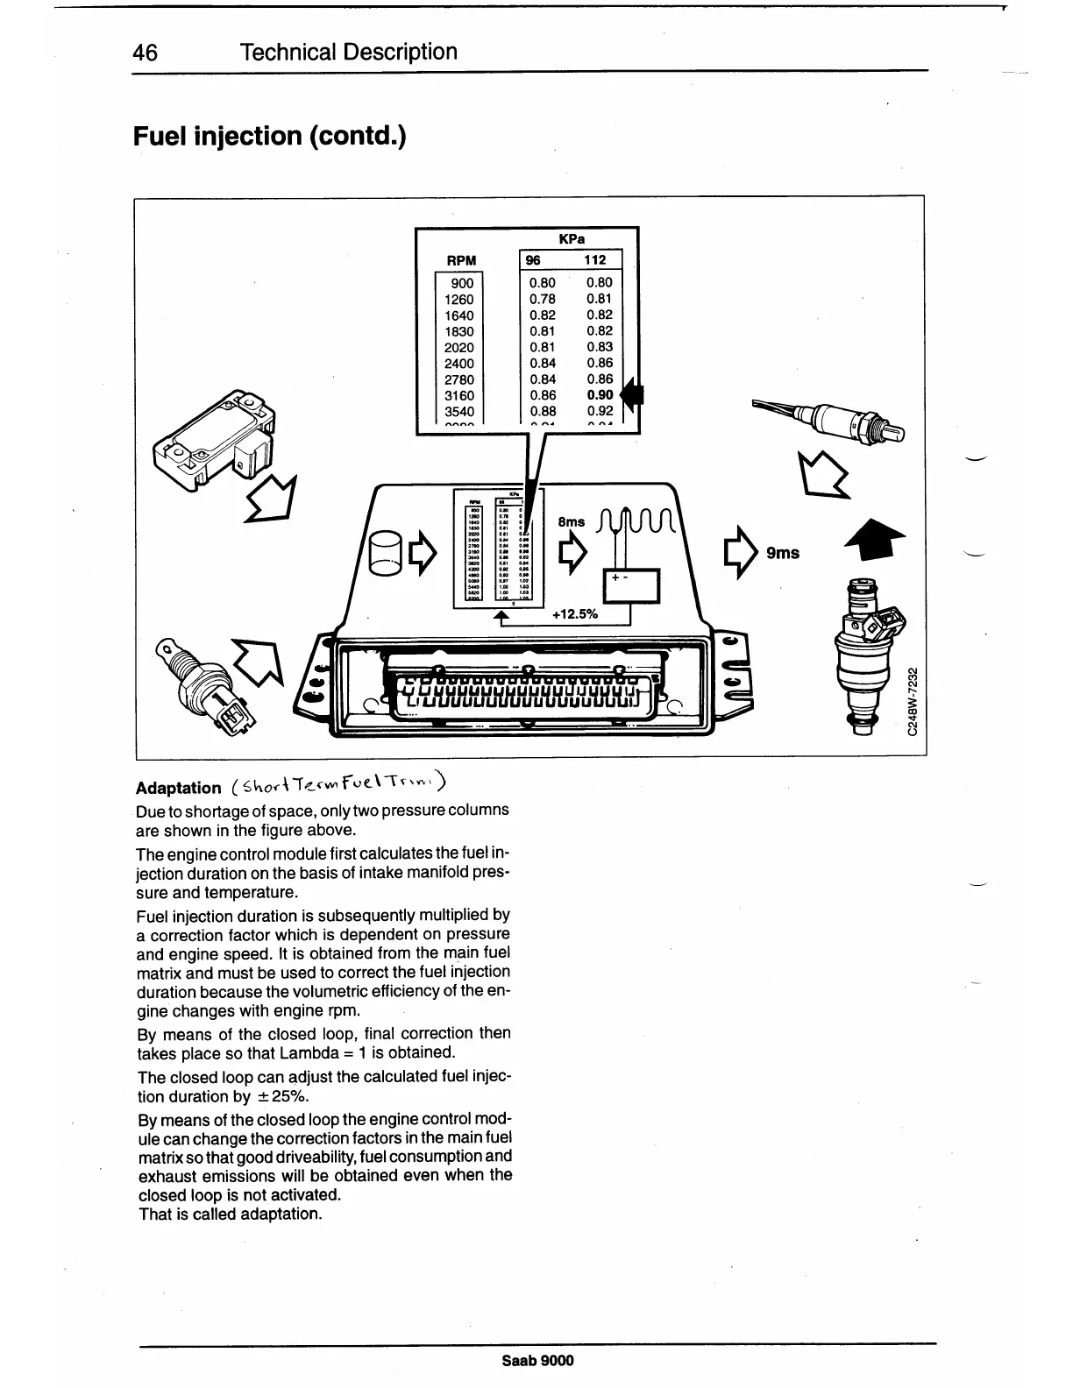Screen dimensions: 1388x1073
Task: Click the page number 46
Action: coord(146,53)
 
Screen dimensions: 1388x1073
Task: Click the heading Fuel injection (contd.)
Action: coord(269,137)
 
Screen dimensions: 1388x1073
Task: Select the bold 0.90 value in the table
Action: coord(600,395)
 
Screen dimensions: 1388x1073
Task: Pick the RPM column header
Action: coord(461,260)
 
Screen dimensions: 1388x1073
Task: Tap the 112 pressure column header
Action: coord(595,260)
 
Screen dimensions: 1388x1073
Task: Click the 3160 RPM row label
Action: coord(459,396)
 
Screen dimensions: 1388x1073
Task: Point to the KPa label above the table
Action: coord(572,238)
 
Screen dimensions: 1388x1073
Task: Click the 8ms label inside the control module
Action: coord(571,522)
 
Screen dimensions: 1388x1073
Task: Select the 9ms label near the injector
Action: coord(782,553)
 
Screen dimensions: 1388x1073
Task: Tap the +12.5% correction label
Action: coord(575,614)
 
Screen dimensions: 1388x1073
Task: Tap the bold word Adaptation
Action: coord(179,788)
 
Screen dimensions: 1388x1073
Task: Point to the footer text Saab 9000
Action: coord(537,1360)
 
